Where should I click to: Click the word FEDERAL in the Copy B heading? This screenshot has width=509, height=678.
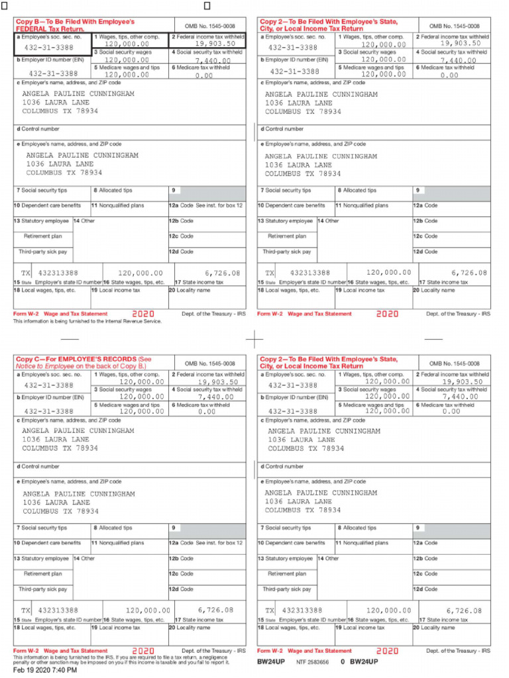coord(33,29)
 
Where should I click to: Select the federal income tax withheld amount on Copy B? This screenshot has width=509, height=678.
coord(215,44)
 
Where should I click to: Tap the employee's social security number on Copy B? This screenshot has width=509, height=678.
coord(49,48)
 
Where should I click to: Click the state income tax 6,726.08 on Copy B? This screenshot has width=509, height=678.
coord(223,272)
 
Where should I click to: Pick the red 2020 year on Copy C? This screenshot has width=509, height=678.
coord(143,651)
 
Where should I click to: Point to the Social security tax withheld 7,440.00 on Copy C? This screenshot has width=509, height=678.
coord(217,397)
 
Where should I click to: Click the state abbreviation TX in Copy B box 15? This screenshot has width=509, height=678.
coord(26,273)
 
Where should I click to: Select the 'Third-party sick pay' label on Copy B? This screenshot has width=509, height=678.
coord(43,252)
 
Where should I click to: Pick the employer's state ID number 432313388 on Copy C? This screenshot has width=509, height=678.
coord(58,610)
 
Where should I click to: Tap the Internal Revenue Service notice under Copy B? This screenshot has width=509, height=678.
coord(87,321)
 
